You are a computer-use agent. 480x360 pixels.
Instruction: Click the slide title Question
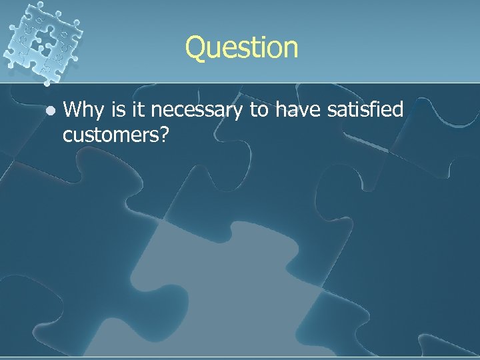[242, 48]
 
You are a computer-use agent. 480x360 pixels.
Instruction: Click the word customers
[111, 134]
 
